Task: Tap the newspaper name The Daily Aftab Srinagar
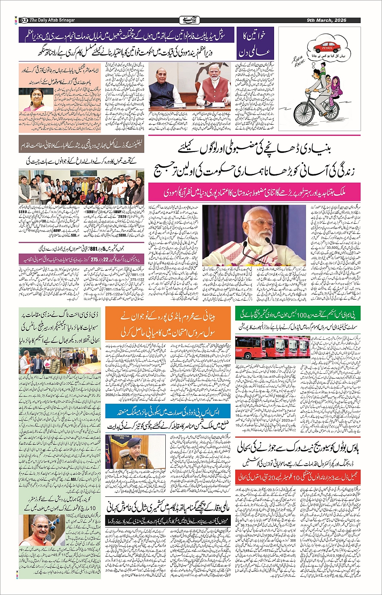52,20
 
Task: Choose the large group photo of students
81,186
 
